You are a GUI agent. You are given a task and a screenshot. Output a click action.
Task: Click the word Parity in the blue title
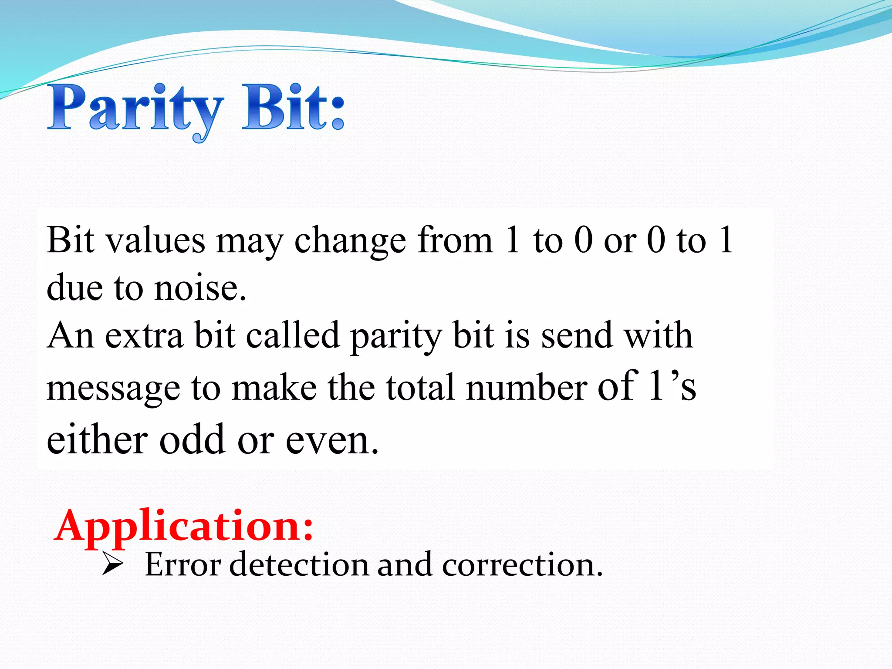(x=135, y=109)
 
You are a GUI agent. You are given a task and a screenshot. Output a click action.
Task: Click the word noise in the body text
(x=200, y=288)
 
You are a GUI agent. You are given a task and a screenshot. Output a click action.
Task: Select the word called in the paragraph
(x=293, y=335)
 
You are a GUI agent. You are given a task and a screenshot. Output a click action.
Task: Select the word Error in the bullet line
(x=183, y=565)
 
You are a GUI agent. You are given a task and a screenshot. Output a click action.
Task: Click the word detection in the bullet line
(x=299, y=565)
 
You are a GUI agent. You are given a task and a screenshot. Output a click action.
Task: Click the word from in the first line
(x=455, y=240)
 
